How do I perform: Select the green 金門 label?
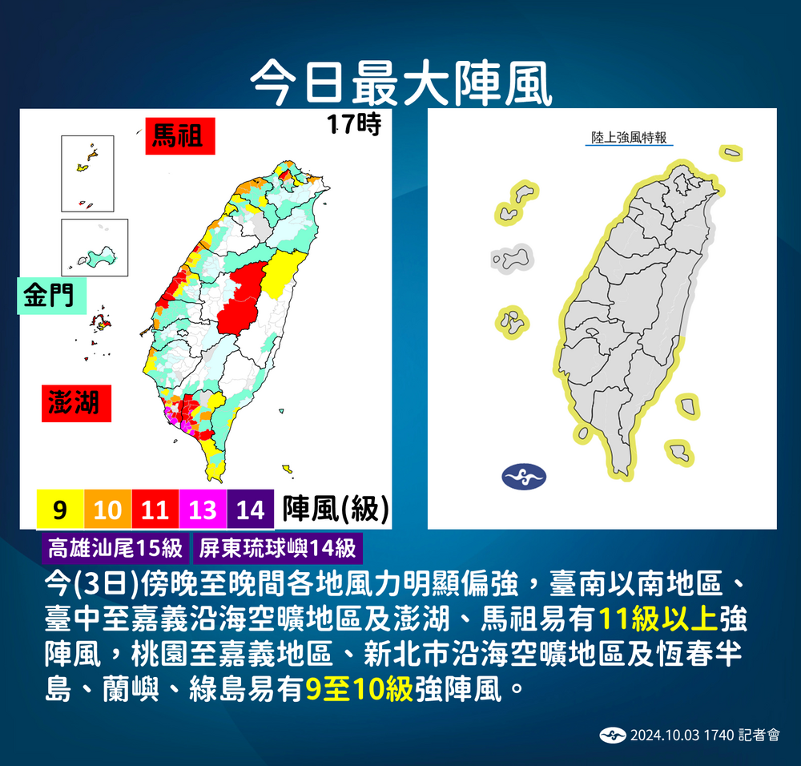[48, 296]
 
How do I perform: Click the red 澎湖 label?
[76, 402]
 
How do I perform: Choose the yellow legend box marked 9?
[60, 509]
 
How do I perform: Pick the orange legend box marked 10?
[108, 509]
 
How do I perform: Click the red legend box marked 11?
[155, 509]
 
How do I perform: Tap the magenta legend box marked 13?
[203, 509]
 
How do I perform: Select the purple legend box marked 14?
[250, 509]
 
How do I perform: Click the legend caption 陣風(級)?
[336, 508]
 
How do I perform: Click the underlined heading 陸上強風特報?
[629, 138]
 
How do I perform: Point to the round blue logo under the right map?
[524, 477]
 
